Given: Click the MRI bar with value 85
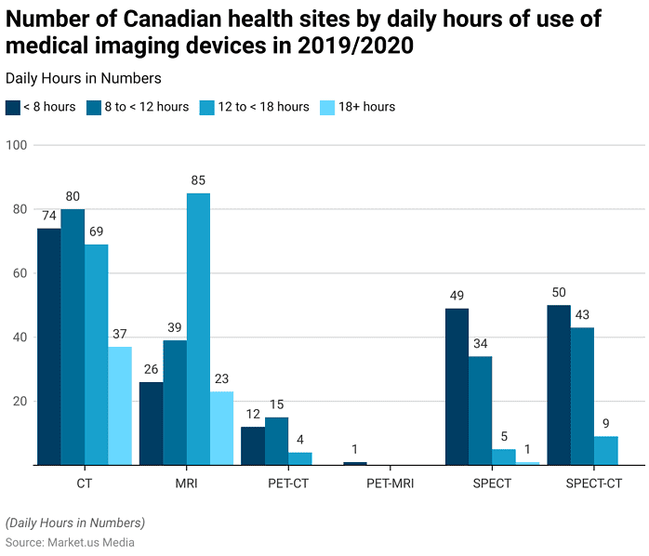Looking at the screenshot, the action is [x=198, y=329].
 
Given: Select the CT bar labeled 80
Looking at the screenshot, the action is [x=73, y=337].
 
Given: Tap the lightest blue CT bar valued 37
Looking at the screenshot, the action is [x=120, y=405].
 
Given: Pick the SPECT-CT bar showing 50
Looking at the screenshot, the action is [x=559, y=385].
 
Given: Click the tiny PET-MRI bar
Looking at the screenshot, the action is [x=355, y=463].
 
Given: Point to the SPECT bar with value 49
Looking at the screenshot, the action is [x=457, y=387].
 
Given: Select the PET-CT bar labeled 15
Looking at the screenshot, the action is [x=276, y=441].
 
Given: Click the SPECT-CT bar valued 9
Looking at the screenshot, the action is [x=606, y=450].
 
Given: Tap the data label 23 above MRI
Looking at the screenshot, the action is [x=222, y=378].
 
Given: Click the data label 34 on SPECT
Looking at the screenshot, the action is [x=481, y=343].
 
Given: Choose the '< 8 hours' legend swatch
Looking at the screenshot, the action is [x=13, y=108].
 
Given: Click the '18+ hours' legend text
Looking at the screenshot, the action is [x=366, y=107].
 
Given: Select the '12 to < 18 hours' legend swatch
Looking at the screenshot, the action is [x=207, y=108].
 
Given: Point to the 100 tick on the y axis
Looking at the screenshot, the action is [x=17, y=145].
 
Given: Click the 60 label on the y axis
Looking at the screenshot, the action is [x=20, y=273].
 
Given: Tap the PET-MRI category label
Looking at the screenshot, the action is [x=391, y=483].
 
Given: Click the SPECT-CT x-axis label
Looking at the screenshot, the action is [x=594, y=483].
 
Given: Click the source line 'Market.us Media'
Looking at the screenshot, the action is [x=91, y=542].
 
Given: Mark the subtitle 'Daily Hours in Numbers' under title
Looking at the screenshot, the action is [x=83, y=78].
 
